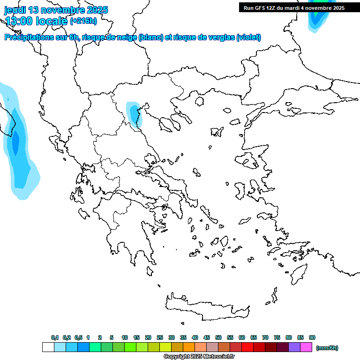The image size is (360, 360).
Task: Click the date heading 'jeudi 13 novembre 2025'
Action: pyautogui.click(x=56, y=10)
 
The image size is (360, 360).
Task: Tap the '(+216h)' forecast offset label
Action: pyautogui.click(x=83, y=21)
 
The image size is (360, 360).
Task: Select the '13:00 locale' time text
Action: pyautogui.click(x=36, y=21)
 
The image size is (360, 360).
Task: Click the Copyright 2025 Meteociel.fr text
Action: pyautogui.click(x=199, y=357)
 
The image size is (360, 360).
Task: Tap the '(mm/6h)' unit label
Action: pyautogui.click(x=327, y=348)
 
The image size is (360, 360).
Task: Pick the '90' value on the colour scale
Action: pyautogui.click(x=312, y=337)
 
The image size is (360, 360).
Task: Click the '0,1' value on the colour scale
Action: pyautogui.click(x=55, y=337)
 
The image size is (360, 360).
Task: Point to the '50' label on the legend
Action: pyautogui.click(x=218, y=337)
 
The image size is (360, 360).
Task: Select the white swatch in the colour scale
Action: pyautogui.click(x=48, y=347)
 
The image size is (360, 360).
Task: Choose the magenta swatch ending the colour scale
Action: pyautogui.click(x=306, y=347)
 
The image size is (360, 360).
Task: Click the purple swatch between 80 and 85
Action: pyautogui.click(x=294, y=347)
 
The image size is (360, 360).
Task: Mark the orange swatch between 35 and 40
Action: pyautogui.click(x=189, y=347)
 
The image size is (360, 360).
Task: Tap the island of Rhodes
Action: pyautogui.click(x=299, y=272)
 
